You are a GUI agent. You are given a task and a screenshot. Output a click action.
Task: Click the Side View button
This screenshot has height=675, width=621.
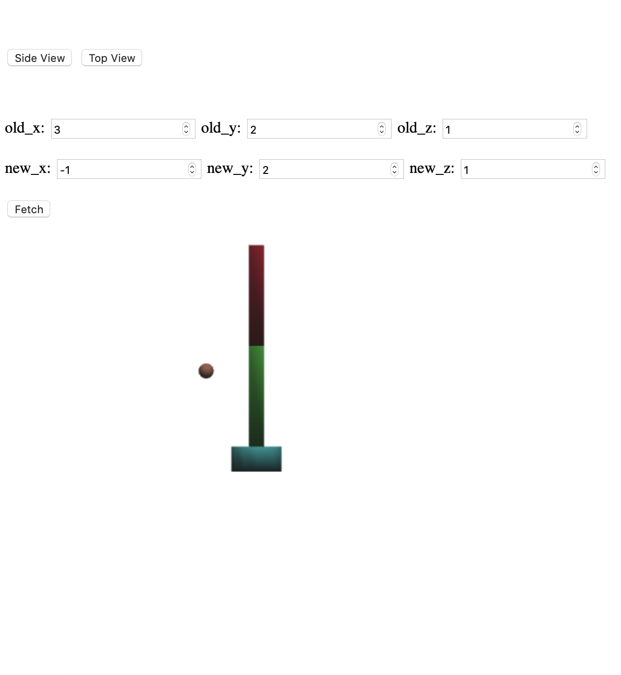click(x=39, y=58)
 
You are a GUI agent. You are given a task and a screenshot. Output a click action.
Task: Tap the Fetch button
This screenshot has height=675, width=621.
click(x=28, y=209)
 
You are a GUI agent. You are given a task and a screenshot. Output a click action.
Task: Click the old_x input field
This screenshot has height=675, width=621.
click(x=116, y=129)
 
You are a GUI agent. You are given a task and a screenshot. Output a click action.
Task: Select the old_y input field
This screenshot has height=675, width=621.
click(x=312, y=129)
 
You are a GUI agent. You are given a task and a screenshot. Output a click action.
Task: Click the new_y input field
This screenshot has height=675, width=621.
click(x=324, y=169)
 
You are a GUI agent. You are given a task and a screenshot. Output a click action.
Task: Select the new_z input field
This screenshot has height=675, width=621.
click(x=526, y=169)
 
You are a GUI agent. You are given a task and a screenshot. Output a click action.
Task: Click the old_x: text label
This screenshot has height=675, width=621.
click(x=25, y=128)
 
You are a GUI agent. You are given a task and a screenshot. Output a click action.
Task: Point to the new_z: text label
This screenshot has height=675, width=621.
click(x=432, y=169)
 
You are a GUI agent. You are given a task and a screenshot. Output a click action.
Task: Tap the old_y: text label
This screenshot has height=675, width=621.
click(x=221, y=128)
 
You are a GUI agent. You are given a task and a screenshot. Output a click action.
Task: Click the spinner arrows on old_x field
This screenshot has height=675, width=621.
click(x=186, y=129)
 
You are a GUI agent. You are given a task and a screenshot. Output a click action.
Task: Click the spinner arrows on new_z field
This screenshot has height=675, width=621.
click(x=596, y=169)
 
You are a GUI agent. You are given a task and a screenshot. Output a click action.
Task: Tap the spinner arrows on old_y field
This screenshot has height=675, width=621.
click(x=382, y=129)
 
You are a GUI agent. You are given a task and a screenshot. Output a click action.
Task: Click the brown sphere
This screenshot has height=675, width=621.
click(x=206, y=371)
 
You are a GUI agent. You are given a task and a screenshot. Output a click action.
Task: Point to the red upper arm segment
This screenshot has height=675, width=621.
click(x=256, y=295)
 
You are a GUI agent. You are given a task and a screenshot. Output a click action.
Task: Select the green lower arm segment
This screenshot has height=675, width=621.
click(x=256, y=395)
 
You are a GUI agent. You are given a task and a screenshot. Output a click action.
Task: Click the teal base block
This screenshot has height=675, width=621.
click(x=256, y=459)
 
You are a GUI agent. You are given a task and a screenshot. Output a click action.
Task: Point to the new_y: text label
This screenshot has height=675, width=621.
click(x=230, y=169)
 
